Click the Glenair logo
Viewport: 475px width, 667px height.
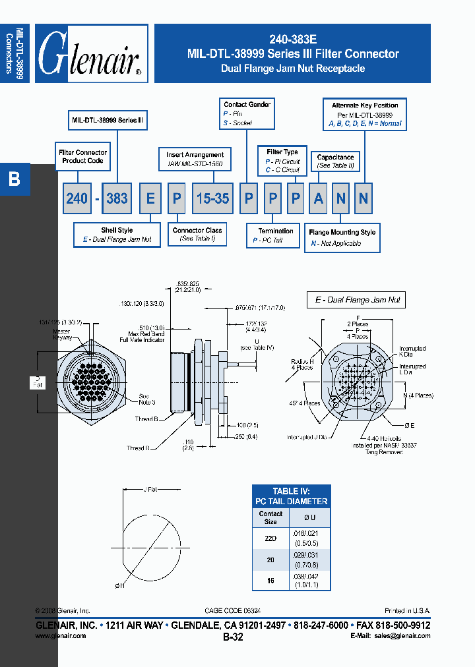pyautogui.click(x=91, y=54)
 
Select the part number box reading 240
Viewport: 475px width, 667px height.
pyautogui.click(x=77, y=198)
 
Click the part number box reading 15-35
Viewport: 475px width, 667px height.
pyautogui.click(x=212, y=198)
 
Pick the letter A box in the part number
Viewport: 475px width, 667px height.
pyautogui.click(x=319, y=198)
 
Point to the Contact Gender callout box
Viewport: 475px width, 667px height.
pyautogui.click(x=247, y=113)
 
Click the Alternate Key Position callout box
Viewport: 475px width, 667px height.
pyautogui.click(x=365, y=114)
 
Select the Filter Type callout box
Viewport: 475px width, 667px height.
pyautogui.click(x=282, y=161)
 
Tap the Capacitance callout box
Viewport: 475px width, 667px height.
pyautogui.click(x=335, y=161)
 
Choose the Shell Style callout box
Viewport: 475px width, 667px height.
pyautogui.click(x=117, y=235)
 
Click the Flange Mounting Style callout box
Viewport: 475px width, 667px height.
pyautogui.click(x=342, y=237)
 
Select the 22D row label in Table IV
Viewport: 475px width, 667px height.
pyautogui.click(x=270, y=536)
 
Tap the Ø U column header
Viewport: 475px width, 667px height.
pyautogui.click(x=309, y=517)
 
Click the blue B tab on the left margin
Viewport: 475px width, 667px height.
pyautogui.click(x=15, y=179)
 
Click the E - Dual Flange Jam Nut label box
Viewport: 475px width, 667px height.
pyautogui.click(x=357, y=300)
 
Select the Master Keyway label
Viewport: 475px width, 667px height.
pyautogui.click(x=63, y=334)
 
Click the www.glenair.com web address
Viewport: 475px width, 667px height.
pyautogui.click(x=60, y=636)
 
